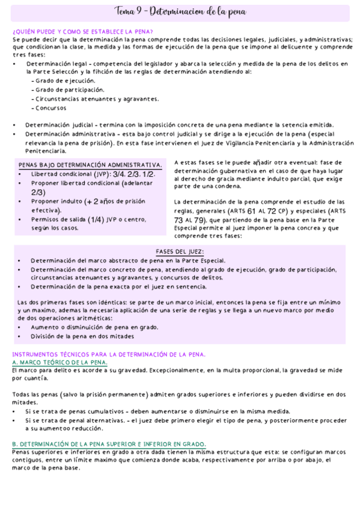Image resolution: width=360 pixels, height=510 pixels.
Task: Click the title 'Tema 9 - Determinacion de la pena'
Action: click(180, 13)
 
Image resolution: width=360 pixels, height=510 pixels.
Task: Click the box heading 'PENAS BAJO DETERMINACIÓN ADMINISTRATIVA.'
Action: click(90, 165)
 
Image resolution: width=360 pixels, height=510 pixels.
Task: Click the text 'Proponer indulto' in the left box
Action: click(56, 201)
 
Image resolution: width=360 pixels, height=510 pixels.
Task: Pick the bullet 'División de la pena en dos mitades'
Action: click(82, 336)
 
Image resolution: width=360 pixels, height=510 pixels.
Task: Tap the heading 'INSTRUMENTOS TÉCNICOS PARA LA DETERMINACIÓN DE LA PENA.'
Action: click(109, 354)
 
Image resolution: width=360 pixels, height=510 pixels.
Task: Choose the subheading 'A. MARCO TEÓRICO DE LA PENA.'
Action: click(59, 363)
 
